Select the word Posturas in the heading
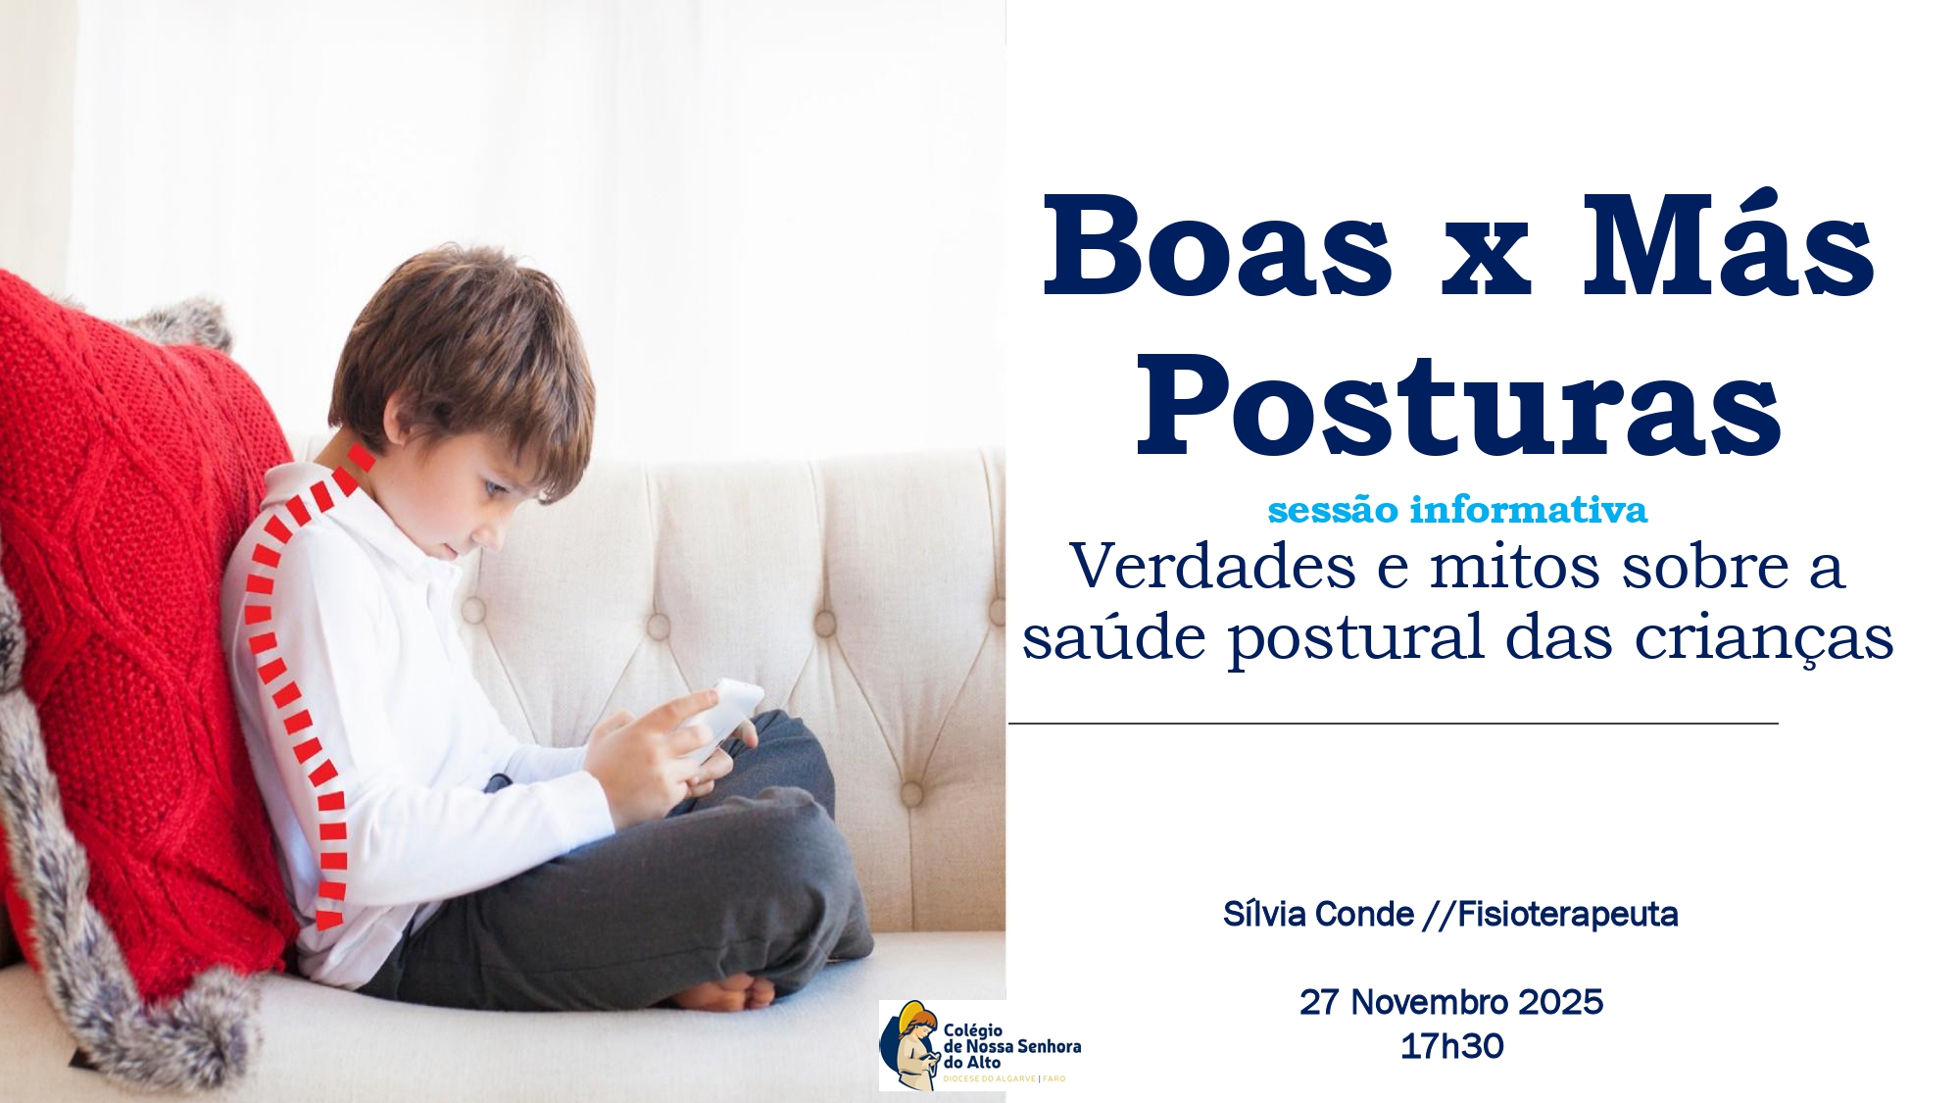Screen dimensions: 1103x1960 [x=1458, y=406]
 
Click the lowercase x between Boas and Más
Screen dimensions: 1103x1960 [x=1486, y=260]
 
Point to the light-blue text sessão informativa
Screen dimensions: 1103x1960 [x=1457, y=510]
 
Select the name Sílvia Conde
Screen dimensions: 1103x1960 [x=1318, y=914]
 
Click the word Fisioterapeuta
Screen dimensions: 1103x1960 [x=1567, y=914]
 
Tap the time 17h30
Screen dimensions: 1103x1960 [x=1451, y=1046]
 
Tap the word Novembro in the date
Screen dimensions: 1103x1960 [x=1430, y=1002]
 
